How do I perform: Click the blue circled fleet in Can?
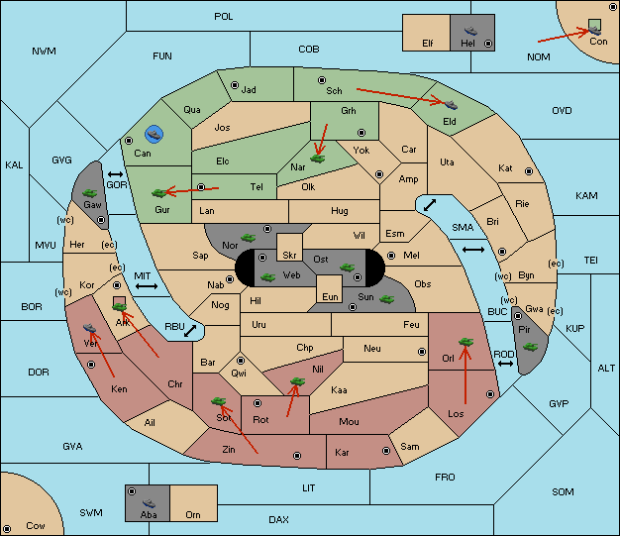coord(154,134)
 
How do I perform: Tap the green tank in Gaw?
coord(90,193)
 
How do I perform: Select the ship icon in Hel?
coord(470,31)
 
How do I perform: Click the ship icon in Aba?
coord(149,502)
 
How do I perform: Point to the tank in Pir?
coord(530,347)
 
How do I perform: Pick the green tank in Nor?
coord(249,238)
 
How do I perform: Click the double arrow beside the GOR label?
coord(116,174)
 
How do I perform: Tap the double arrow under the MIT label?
coord(147,286)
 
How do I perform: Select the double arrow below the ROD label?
coord(505,364)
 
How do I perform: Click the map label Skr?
coord(289,256)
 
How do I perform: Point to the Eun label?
coord(330,296)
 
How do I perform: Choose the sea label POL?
coord(224,17)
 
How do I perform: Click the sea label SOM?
coord(563,491)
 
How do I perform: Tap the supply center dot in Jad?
coord(235,85)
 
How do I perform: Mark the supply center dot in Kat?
coord(529,171)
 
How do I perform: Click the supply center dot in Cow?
coord(7,528)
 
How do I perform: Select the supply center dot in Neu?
coord(422,352)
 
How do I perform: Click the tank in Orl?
coord(465,342)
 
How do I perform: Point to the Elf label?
coord(428,44)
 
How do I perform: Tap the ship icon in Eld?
coord(451,105)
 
